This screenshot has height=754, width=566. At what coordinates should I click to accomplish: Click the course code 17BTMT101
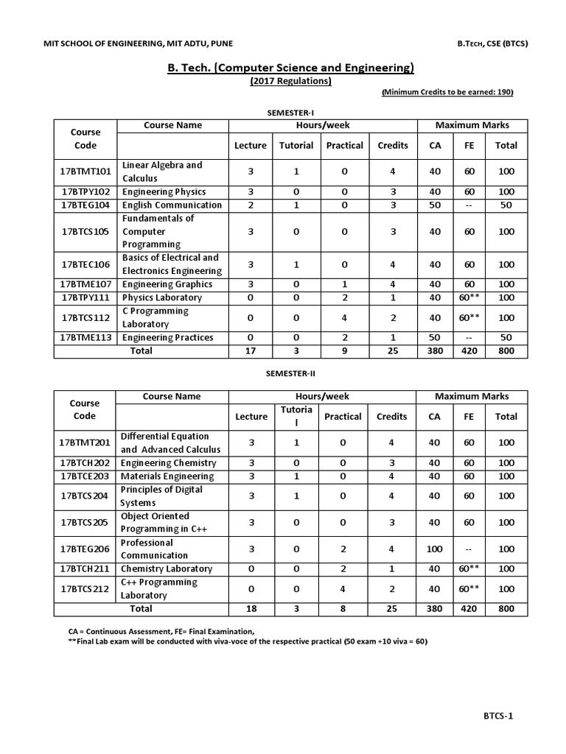(x=85, y=172)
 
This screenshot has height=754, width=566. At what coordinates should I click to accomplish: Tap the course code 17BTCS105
(x=85, y=231)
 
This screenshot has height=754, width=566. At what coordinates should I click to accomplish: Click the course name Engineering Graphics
(x=167, y=284)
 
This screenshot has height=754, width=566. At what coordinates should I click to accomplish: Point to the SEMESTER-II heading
(x=290, y=374)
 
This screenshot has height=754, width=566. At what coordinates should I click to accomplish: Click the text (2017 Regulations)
(x=290, y=81)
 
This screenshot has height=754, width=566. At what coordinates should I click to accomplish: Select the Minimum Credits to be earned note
(x=447, y=92)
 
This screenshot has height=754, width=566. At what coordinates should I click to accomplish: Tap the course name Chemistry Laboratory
(x=167, y=569)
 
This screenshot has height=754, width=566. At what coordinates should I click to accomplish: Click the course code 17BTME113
(x=85, y=338)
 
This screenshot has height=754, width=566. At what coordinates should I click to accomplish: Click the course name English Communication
(x=172, y=205)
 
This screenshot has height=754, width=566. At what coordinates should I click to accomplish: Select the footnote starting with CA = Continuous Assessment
(x=161, y=631)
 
